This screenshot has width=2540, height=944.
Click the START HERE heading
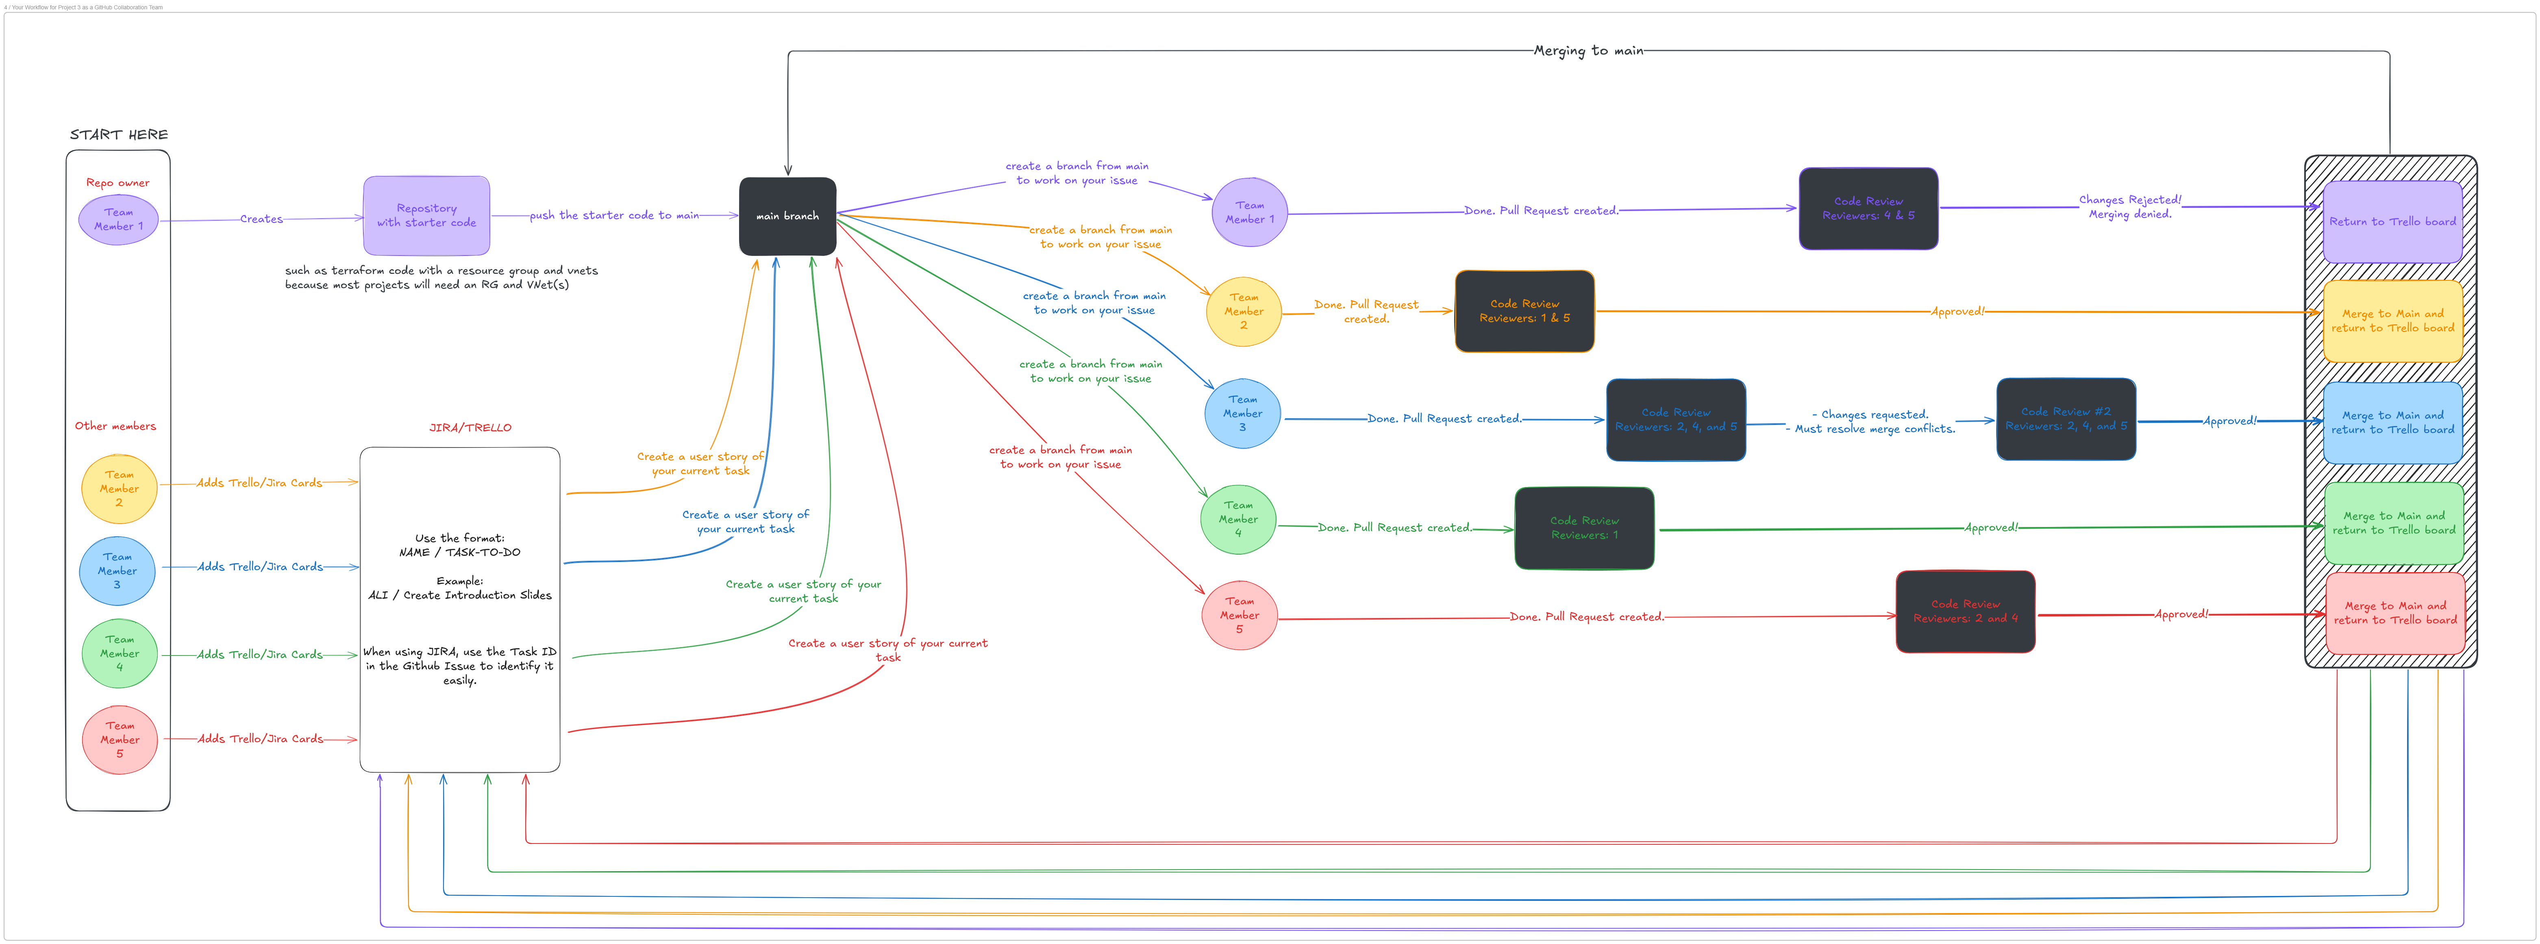pyautogui.click(x=118, y=134)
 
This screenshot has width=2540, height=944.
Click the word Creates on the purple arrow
pyautogui.click(x=261, y=219)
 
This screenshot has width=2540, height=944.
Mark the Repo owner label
pyautogui.click(x=117, y=182)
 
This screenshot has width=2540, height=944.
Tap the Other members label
pyautogui.click(x=115, y=426)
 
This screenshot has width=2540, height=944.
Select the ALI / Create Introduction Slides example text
pyautogui.click(x=459, y=595)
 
